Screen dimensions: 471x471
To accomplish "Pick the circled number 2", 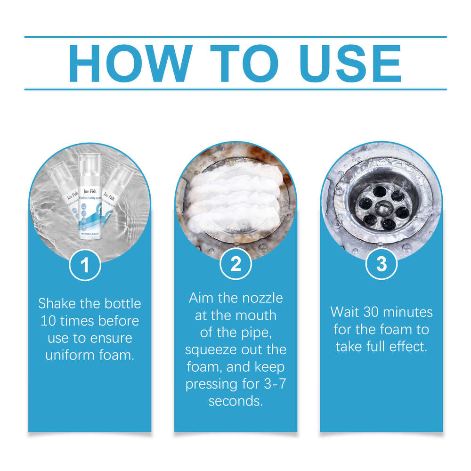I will coord(235,265).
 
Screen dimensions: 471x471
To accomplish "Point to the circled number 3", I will coord(382,265).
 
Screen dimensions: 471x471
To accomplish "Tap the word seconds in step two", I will coord(235,402).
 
